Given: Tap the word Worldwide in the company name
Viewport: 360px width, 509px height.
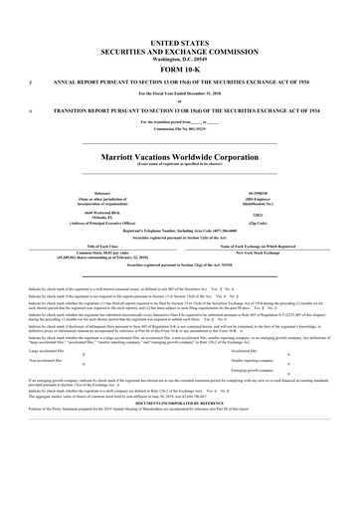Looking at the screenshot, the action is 194,157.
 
